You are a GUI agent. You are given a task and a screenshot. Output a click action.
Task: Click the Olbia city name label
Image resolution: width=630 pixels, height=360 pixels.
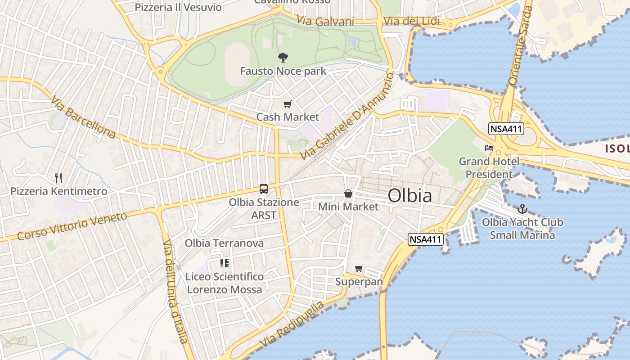[x=409, y=195]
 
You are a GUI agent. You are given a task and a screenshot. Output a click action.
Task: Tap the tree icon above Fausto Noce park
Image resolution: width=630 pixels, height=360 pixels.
[x=283, y=58]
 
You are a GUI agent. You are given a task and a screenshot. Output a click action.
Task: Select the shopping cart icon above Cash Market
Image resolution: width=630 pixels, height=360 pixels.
[x=287, y=104]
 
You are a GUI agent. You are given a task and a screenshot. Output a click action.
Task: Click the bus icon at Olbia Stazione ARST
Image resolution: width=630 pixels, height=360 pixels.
[x=264, y=189]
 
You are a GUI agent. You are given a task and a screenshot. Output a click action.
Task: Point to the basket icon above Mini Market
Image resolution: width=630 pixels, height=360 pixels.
[x=348, y=194]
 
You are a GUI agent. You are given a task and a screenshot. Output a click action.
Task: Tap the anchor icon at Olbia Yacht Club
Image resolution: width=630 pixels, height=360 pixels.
[x=522, y=209]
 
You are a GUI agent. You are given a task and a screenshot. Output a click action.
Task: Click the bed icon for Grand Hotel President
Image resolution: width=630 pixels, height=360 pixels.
[x=489, y=148]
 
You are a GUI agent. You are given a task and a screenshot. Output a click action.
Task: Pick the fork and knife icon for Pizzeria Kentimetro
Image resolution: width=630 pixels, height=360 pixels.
[x=58, y=178]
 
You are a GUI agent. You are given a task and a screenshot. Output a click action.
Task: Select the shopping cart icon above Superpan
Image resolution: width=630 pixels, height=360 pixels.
[x=359, y=269]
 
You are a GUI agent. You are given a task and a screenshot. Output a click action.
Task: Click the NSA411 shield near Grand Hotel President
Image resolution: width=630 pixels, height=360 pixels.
[x=506, y=129]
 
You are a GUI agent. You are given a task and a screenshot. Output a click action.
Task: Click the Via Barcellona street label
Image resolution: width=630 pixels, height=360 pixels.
[x=84, y=117]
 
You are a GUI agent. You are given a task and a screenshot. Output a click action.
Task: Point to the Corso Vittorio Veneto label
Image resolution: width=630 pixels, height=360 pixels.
[x=72, y=226]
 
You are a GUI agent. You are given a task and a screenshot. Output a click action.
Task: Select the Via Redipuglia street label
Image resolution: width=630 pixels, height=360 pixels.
[x=292, y=324]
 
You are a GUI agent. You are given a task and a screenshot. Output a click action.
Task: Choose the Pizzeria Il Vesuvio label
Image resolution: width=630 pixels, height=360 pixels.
[x=178, y=7]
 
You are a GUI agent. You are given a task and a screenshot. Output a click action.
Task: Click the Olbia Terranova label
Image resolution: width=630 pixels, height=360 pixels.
[x=224, y=243]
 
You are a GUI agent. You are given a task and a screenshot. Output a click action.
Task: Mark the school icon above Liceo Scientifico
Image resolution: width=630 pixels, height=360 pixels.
[x=225, y=263]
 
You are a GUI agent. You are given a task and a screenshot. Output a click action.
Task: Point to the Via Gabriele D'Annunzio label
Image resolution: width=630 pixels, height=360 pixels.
[x=346, y=117]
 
